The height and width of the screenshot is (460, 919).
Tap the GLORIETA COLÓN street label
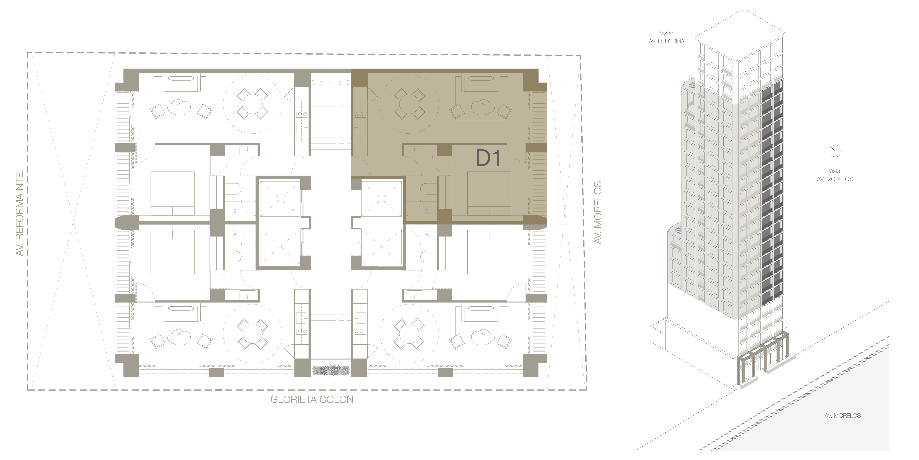pyautogui.click(x=312, y=399)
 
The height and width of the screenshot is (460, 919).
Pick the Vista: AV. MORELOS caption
pyautogui.click(x=835, y=175)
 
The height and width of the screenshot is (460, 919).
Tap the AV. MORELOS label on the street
pyautogui.click(x=843, y=416)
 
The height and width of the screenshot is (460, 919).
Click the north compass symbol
pyautogui.click(x=835, y=151)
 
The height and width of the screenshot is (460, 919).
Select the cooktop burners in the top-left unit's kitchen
pyautogui.click(x=302, y=114)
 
